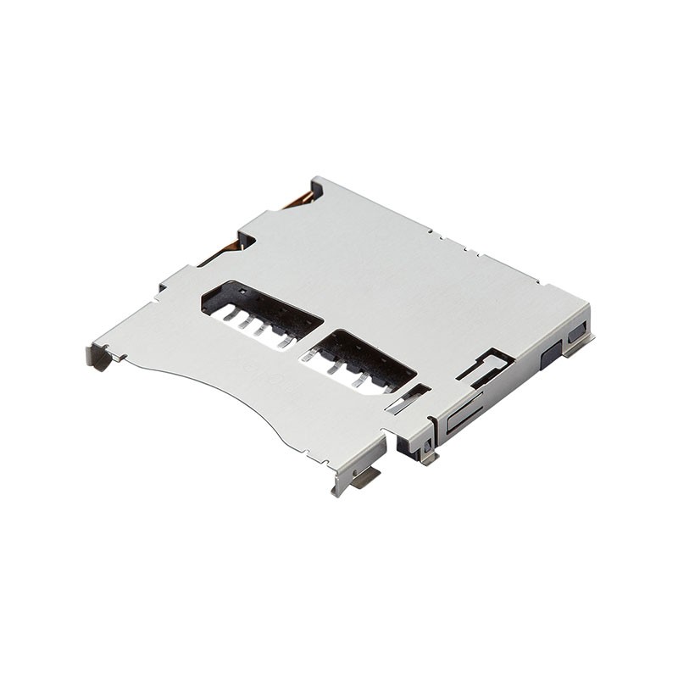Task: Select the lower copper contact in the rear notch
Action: [227, 250]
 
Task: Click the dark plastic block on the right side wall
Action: [549, 354]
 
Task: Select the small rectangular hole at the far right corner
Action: [577, 333]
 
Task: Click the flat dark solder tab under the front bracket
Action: [366, 479]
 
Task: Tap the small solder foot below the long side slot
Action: [429, 457]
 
